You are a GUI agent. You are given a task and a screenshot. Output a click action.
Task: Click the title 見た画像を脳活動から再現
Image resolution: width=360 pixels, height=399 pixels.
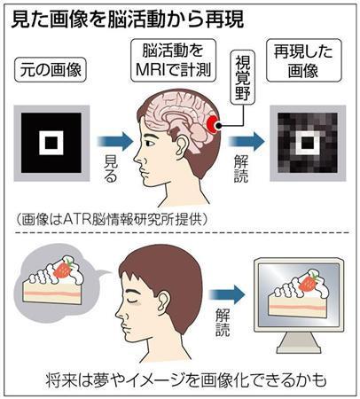(x=127, y=20)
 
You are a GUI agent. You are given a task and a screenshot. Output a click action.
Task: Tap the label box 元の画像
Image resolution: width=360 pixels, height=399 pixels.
(x=51, y=70)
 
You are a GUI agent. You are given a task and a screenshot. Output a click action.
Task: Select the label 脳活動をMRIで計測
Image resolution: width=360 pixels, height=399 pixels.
(x=173, y=60)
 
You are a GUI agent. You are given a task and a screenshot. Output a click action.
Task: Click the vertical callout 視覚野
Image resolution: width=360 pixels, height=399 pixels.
(x=242, y=77)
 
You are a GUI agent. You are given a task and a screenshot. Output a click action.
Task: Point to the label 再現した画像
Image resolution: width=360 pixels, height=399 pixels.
(x=303, y=60)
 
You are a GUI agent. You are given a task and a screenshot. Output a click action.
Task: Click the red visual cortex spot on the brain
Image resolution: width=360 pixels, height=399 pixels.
(x=212, y=124)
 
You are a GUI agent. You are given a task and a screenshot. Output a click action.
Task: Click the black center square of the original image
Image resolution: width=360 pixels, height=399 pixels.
(x=51, y=143)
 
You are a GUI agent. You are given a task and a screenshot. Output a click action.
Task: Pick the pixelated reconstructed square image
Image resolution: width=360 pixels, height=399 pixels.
(x=308, y=143)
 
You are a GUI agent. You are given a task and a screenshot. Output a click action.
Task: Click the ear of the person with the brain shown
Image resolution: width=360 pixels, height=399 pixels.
(x=181, y=148)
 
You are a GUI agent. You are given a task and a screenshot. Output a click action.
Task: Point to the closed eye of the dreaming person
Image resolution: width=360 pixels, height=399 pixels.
(x=132, y=301)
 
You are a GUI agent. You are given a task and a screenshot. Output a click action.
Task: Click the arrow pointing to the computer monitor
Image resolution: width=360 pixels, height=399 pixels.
(x=227, y=294)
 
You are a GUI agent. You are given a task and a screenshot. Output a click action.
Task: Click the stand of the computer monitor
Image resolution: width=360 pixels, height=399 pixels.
(x=300, y=343)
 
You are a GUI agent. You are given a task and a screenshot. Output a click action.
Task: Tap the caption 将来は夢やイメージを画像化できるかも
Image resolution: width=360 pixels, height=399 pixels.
(x=186, y=380)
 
